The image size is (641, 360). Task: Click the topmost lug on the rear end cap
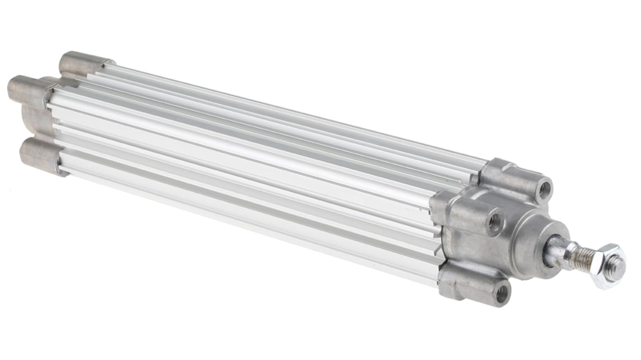81,63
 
